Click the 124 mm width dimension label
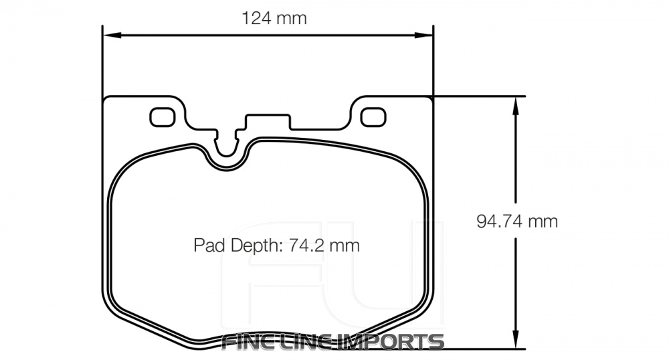click(x=274, y=18)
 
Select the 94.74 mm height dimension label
click(x=517, y=221)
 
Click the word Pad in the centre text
click(x=209, y=246)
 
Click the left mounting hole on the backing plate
click(x=161, y=117)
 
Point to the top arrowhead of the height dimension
click(x=515, y=103)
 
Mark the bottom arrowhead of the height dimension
click(x=515, y=342)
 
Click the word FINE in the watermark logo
click(x=248, y=342)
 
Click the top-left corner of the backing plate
click(x=107, y=99)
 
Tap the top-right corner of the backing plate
click(x=431, y=99)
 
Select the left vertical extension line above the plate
click(x=102, y=60)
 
